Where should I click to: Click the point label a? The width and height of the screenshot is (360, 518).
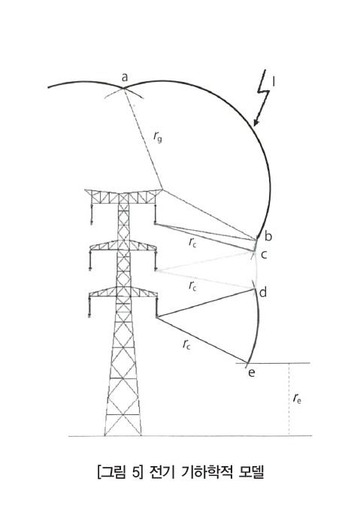pyautogui.click(x=124, y=77)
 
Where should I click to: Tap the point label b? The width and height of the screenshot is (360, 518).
pyautogui.click(x=268, y=236)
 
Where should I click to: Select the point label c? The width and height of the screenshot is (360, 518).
pyautogui.click(x=264, y=255)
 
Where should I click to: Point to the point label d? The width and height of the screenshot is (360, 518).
pyautogui.click(x=263, y=292)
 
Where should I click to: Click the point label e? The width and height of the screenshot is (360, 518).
pyautogui.click(x=252, y=373)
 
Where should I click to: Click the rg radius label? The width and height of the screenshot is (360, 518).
pyautogui.click(x=158, y=136)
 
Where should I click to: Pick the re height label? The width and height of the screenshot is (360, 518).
pyautogui.click(x=297, y=398)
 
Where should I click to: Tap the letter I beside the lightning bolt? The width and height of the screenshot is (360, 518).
pyautogui.click(x=274, y=82)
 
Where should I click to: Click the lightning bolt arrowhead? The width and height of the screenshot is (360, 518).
pyautogui.click(x=256, y=123)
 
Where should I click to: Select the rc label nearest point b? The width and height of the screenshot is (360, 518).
pyautogui.click(x=192, y=243)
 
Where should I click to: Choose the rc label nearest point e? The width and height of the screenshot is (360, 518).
pyautogui.click(x=186, y=345)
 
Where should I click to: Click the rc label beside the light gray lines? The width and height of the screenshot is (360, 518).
pyautogui.click(x=192, y=286)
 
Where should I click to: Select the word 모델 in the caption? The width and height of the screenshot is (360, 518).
pyautogui.click(x=251, y=472)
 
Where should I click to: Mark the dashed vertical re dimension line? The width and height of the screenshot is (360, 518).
pyautogui.click(x=289, y=399)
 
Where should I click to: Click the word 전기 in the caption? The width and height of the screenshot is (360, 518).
pyautogui.click(x=162, y=472)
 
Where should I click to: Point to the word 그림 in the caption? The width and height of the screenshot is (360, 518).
pyautogui.click(x=113, y=472)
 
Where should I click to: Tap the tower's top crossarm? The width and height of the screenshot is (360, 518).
pyautogui.click(x=123, y=196)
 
